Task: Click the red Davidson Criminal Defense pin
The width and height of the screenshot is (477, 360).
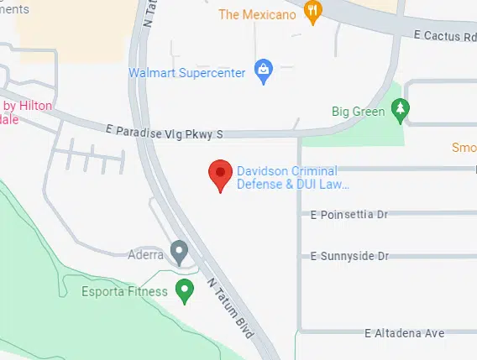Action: click(220, 174)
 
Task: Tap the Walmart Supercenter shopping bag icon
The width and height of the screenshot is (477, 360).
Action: click(263, 70)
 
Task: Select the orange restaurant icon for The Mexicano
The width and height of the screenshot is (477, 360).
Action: click(313, 12)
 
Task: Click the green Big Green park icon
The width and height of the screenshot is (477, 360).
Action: click(401, 109)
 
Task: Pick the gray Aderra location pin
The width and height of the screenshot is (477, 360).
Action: click(178, 251)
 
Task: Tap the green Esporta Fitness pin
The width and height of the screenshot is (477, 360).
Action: click(186, 291)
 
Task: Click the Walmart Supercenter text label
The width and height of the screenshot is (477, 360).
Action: click(187, 72)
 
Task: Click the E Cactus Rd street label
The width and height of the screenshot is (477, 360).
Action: click(445, 35)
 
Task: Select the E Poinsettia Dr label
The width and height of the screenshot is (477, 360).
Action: click(349, 215)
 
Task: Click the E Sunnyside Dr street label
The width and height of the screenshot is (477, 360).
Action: click(350, 255)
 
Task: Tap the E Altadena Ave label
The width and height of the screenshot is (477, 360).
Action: click(404, 333)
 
